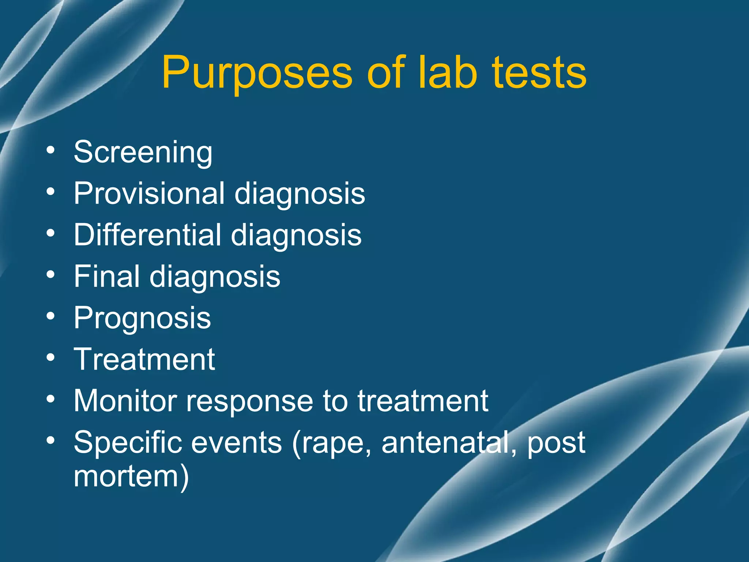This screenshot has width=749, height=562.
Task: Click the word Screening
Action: point(143,153)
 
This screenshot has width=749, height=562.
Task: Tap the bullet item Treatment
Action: point(144,359)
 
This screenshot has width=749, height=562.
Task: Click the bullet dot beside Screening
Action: point(51,150)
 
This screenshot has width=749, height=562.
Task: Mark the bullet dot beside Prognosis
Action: point(51,316)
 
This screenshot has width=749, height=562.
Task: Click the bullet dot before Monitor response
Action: point(51,398)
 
